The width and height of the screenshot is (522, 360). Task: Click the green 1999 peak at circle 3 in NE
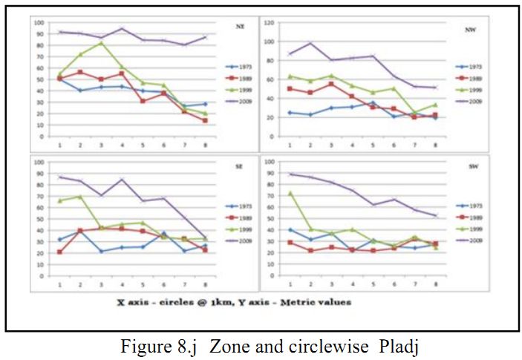point(100,42)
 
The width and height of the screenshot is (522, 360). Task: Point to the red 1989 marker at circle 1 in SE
point(59,252)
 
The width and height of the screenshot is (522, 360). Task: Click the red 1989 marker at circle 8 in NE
point(204,120)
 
